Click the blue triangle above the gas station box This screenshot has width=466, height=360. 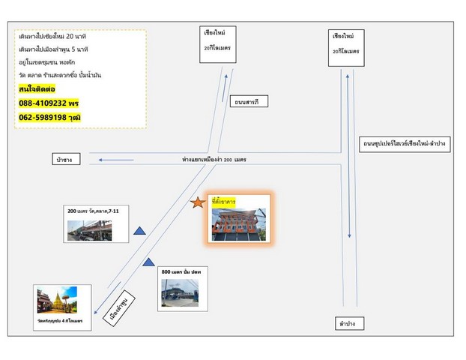click(148, 262)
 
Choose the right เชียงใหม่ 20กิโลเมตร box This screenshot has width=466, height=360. click(345, 43)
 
